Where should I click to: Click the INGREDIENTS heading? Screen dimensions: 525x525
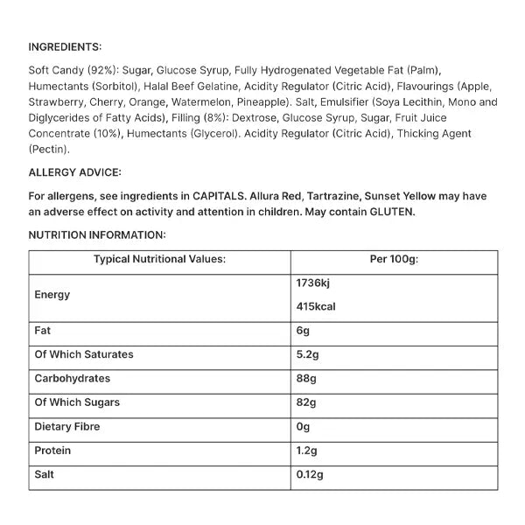65,46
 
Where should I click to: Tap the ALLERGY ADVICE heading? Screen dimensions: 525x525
74,173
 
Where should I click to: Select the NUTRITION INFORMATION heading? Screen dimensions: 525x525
96,234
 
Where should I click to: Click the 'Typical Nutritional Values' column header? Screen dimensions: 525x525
160,259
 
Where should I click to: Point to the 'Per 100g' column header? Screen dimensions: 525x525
395,259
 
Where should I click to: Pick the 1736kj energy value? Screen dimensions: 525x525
314,283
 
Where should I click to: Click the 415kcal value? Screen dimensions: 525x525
317,307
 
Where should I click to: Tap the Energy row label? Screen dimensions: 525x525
52,295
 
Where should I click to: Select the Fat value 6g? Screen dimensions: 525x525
304,331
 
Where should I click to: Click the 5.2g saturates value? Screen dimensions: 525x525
311,354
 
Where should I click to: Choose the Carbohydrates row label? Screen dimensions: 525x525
73,379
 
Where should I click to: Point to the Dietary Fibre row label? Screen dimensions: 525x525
67,427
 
